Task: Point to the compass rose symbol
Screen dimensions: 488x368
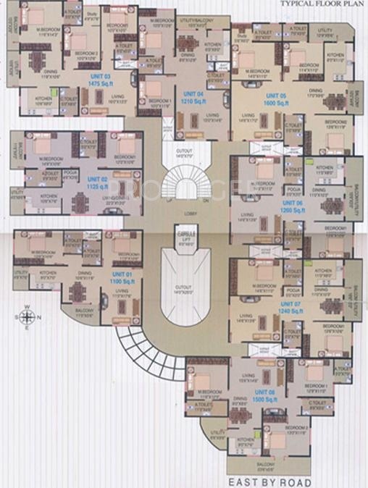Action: (27, 316)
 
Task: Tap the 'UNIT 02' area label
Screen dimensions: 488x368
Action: (97, 180)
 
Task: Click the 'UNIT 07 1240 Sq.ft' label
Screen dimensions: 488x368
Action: (275, 307)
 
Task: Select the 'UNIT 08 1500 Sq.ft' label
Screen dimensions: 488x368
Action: (265, 395)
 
